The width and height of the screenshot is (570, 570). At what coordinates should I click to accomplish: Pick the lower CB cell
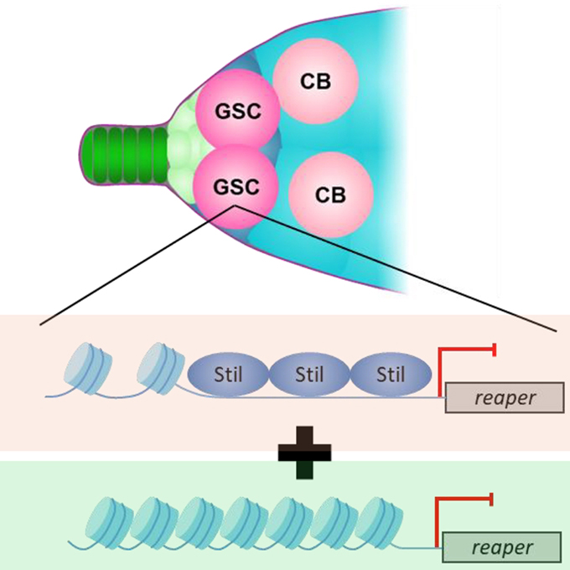point(330,194)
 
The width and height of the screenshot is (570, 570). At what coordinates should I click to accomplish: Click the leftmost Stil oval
point(229,373)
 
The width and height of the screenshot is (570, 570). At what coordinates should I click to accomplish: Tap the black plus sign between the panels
point(304,453)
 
